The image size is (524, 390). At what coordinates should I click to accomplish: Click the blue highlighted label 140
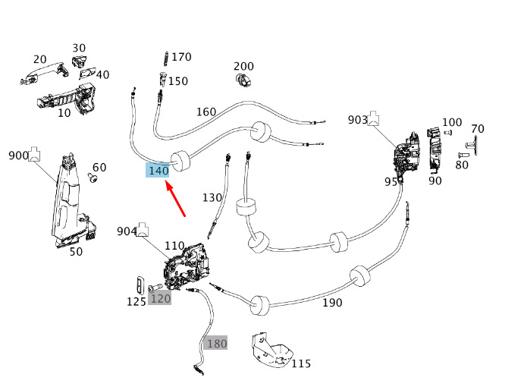pos(158,171)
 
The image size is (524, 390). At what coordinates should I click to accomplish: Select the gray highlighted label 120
pos(160,298)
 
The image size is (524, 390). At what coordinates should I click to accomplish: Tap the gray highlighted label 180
pos(217,343)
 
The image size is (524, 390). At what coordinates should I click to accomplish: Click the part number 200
pos(243,66)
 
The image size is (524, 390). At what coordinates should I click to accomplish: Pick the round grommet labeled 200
pos(243,80)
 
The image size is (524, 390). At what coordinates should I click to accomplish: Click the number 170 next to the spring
pos(181,57)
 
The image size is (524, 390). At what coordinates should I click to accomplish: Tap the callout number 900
pos(18,156)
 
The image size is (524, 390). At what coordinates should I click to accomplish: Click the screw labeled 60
pos(93,179)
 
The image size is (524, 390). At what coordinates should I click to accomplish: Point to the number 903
pos(358,120)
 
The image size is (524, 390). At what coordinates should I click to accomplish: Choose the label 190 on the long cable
pos(331,303)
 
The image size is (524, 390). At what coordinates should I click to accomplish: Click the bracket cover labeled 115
pos(271,351)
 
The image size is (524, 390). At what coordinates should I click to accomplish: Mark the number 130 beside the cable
pos(212,197)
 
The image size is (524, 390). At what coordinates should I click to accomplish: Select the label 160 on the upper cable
pos(206,112)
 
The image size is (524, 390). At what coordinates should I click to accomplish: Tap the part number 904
pos(127,231)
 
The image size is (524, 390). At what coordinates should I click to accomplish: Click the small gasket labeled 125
pos(140,285)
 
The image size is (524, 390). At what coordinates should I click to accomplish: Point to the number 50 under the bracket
pos(76,251)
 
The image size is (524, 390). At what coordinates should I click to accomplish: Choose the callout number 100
pos(452,122)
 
